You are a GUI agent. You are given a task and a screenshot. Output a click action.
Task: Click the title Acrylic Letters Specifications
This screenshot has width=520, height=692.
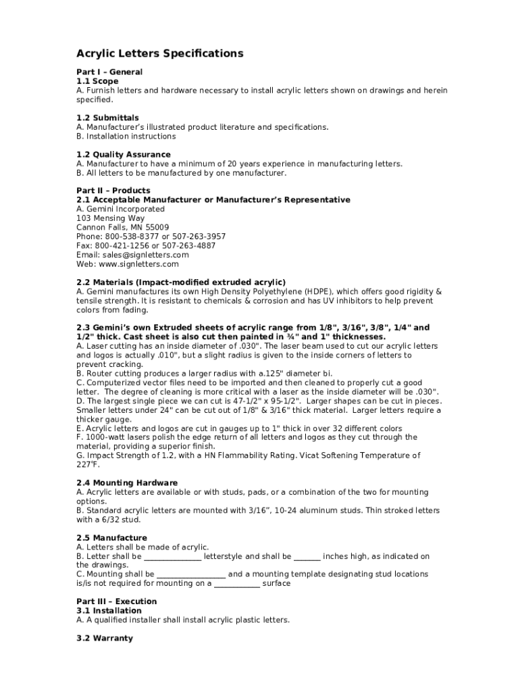159,53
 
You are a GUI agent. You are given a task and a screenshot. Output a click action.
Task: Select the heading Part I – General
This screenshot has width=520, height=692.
109,72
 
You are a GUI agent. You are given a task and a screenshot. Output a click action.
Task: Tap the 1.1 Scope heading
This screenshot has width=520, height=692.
97,81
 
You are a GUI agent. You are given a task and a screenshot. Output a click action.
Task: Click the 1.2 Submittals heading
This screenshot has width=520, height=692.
107,118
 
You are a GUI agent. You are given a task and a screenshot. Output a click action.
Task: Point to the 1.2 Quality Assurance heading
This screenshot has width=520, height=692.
124,154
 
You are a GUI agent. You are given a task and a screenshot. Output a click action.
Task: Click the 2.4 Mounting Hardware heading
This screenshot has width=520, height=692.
127,483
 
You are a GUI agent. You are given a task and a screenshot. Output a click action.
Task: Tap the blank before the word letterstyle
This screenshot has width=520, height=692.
173,557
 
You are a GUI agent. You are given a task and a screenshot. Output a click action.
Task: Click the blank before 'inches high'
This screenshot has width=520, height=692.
307,557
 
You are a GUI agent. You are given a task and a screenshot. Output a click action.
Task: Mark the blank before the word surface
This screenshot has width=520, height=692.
237,584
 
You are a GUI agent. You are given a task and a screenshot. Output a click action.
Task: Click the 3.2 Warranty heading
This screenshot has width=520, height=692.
105,638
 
